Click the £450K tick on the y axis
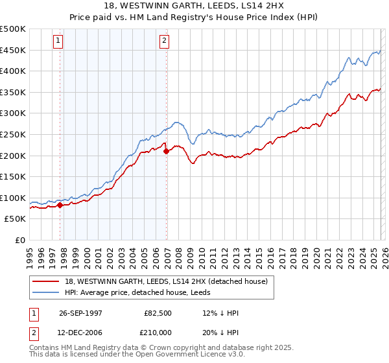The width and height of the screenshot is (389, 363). (13, 51)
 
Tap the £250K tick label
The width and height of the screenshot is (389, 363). (13, 135)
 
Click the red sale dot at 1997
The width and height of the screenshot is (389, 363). (60, 205)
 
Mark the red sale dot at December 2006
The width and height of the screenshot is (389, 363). (167, 151)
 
